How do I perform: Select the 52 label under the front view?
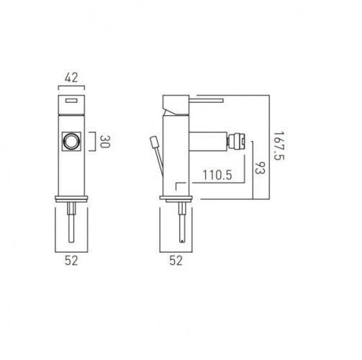(71, 261)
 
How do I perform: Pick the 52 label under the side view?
(176, 261)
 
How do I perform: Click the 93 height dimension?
(260, 171)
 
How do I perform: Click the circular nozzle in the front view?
(71, 141)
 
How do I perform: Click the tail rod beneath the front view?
(71, 220)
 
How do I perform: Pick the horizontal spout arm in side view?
(209, 141)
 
